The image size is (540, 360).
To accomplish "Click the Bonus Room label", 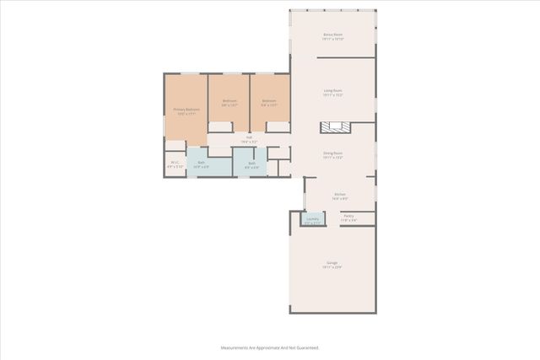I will pos(332,35).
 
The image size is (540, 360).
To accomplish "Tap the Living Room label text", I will pos(332,90).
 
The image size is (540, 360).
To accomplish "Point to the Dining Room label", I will pos(332,153).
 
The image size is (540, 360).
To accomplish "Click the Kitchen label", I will pos(339,194).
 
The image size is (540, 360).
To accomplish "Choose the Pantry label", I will pos(348,216).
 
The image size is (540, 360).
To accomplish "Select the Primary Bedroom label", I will pos(186,109).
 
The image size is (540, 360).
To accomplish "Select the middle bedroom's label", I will pos(229,101).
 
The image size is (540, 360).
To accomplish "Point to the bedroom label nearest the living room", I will pos(269,101).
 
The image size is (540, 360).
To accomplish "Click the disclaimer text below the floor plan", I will pos(269,347).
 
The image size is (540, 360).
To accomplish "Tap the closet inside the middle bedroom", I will pos(221,127).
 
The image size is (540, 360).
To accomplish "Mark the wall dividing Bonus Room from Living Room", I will pos(346,58).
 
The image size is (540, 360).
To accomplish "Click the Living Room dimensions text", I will pos(332,95).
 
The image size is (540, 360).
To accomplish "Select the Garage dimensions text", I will pos(332,267).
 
